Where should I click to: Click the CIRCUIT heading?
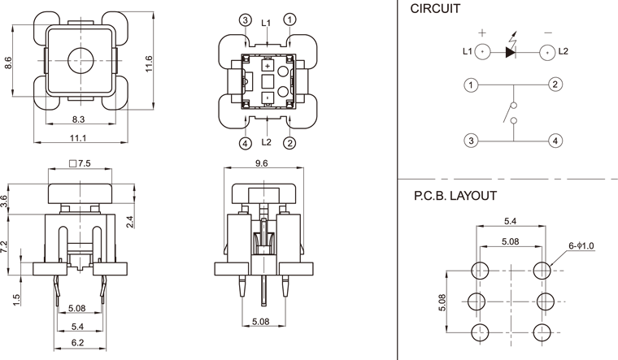[x=435, y=10]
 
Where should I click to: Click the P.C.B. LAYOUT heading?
[x=455, y=196]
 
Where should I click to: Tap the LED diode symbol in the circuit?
[x=511, y=51]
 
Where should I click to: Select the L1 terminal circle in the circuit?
[x=483, y=52]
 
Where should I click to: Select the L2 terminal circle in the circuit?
[x=549, y=52]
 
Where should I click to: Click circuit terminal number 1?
[x=470, y=85]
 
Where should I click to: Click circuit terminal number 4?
[x=555, y=141]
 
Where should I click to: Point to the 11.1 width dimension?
[x=79, y=139]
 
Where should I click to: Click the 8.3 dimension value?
[x=78, y=119]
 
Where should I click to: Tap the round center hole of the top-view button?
[x=79, y=58]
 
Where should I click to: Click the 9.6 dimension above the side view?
[x=262, y=163]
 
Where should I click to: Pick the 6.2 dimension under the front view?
[x=78, y=343]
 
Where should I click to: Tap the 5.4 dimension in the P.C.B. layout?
[x=510, y=220]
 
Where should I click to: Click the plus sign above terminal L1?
[x=482, y=33]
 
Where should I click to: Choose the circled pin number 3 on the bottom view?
[x=246, y=19]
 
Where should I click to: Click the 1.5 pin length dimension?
[x=16, y=300]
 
